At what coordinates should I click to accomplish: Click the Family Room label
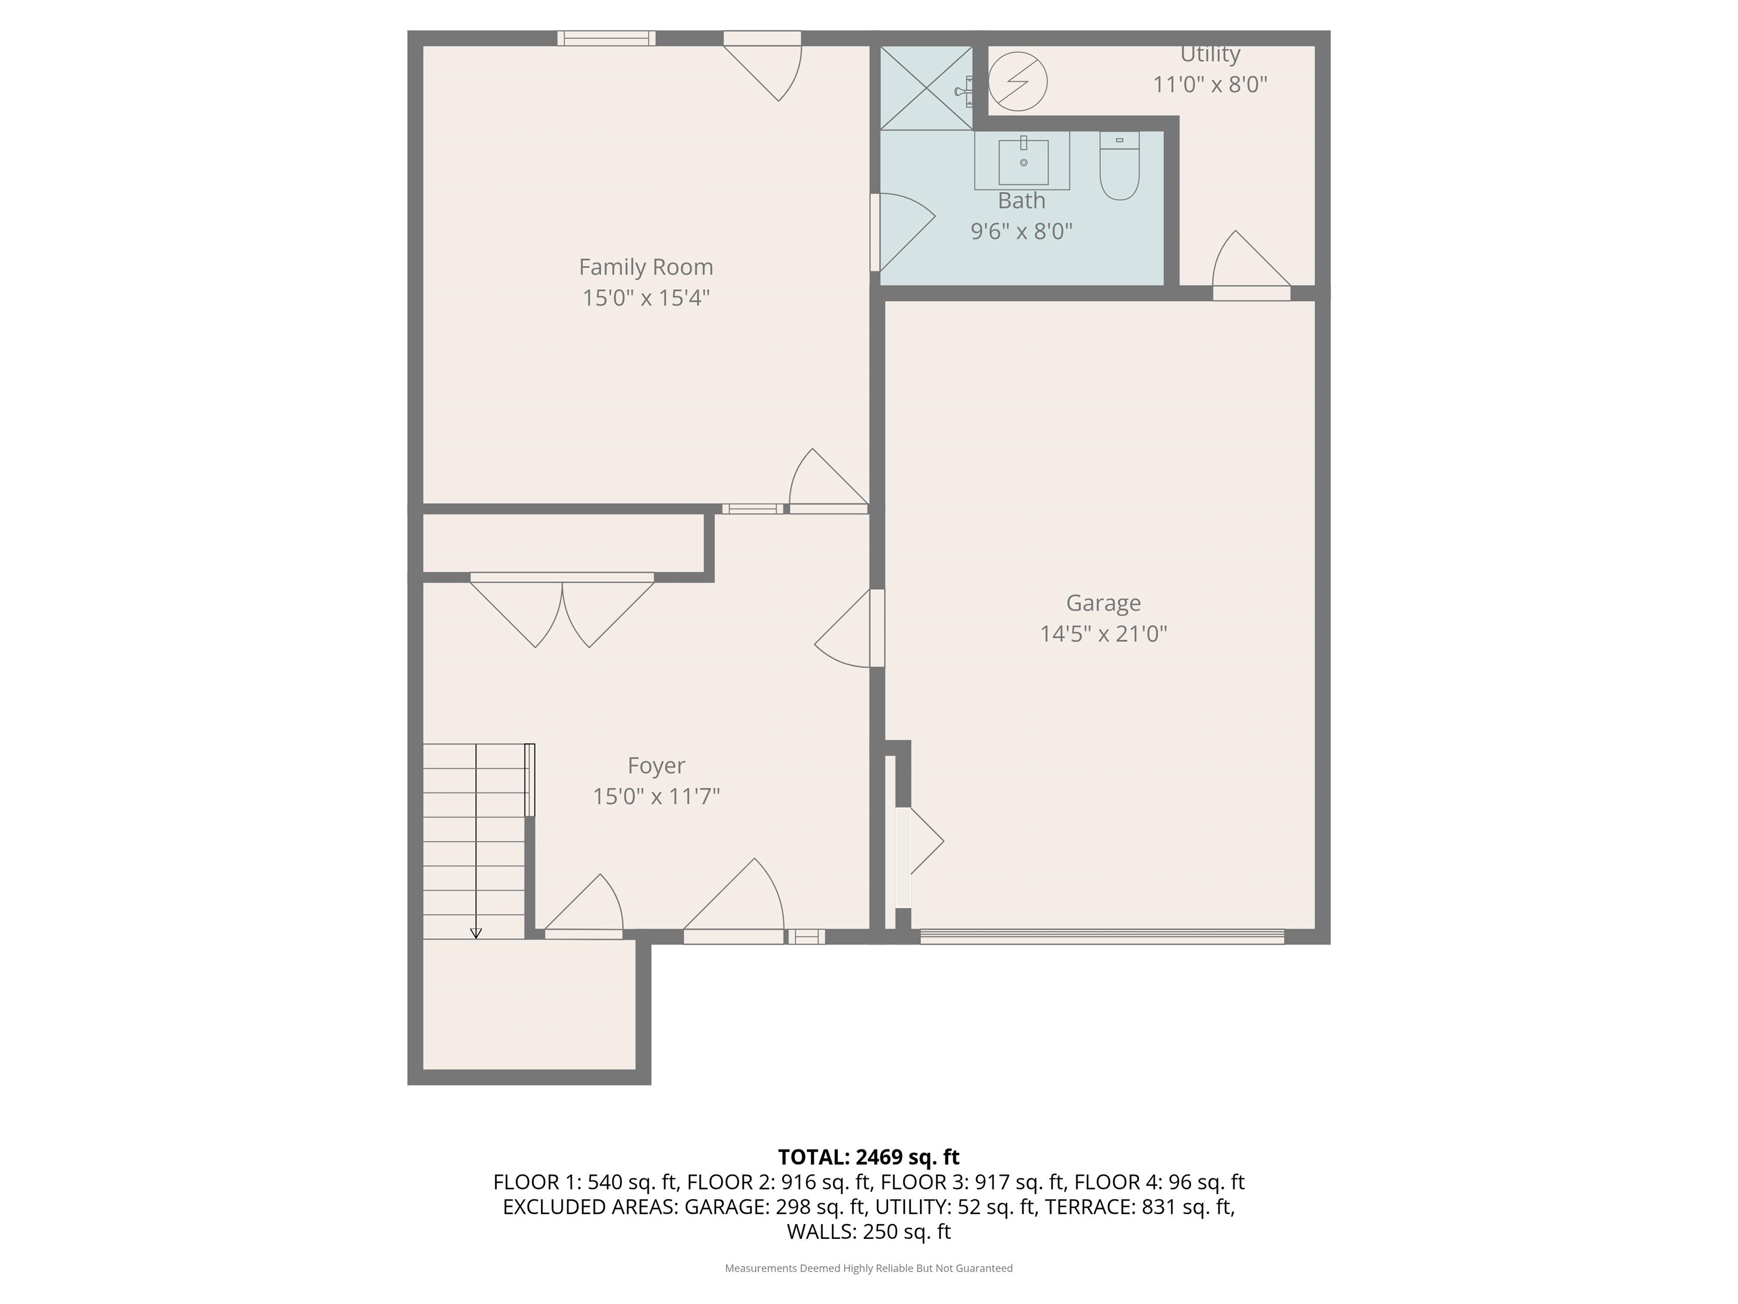click(646, 267)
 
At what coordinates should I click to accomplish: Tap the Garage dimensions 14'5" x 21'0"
click(1103, 633)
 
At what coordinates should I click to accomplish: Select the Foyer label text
click(656, 766)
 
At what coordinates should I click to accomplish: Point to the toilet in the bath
click(1119, 166)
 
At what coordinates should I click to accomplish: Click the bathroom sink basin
click(1023, 162)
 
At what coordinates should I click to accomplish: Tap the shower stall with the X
click(926, 87)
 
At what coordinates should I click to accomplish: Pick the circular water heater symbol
click(1017, 81)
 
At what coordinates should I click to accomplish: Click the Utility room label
click(1210, 54)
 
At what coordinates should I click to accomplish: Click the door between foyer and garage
click(849, 629)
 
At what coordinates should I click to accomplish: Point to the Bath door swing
click(903, 232)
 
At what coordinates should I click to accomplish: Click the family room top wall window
click(606, 38)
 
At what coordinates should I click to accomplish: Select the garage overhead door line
click(1102, 936)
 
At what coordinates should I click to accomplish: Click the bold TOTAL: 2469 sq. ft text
click(868, 1157)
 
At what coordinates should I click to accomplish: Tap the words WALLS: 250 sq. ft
click(868, 1232)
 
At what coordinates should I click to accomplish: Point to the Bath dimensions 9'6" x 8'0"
click(1021, 231)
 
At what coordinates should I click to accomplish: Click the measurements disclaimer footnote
click(868, 1268)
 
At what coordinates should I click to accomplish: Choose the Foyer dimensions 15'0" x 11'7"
click(656, 796)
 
